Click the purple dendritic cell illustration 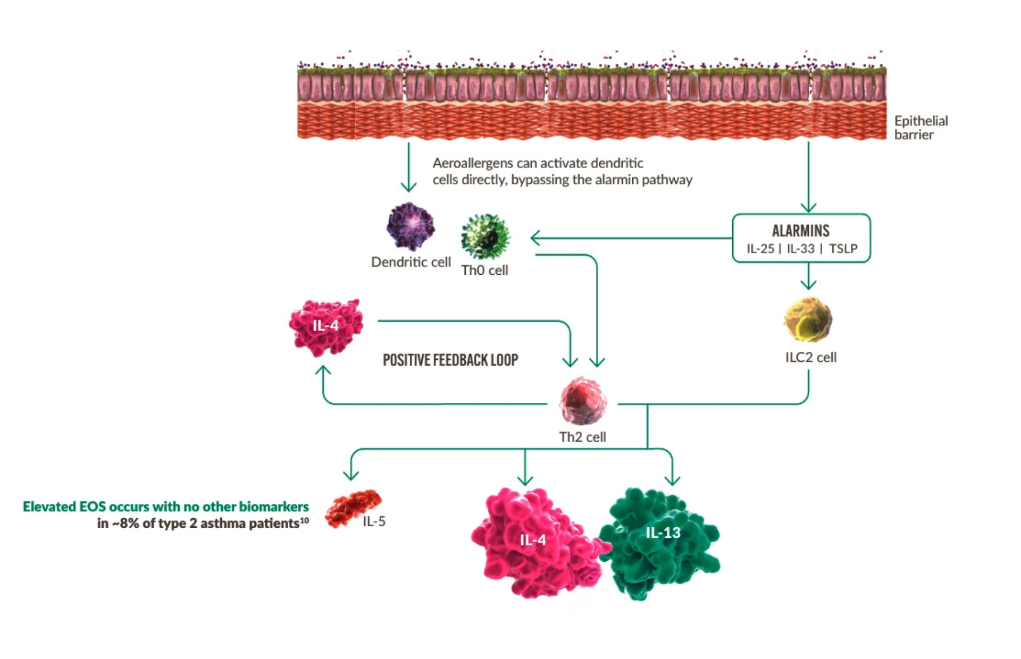tap(410, 226)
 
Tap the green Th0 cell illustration tap(485, 237)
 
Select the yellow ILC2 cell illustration tap(808, 319)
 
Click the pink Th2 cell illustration tap(582, 401)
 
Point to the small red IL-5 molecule tap(353, 508)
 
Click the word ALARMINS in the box tap(800, 231)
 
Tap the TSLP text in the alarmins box tap(843, 249)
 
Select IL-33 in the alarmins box tap(800, 249)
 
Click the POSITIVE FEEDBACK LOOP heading tap(450, 360)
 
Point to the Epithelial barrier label tap(920, 128)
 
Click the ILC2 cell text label tap(810, 357)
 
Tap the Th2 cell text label tap(582, 437)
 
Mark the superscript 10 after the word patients tap(304, 520)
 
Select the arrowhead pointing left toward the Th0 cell tap(535, 238)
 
